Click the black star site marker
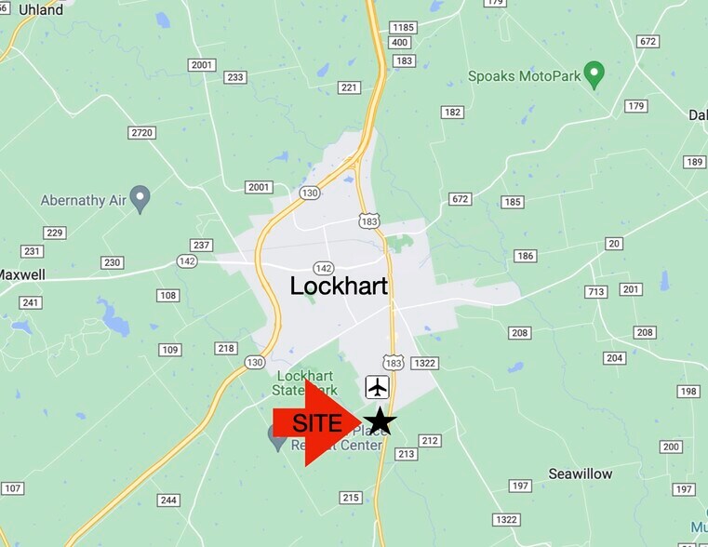[379, 421]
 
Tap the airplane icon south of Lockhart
[377, 387]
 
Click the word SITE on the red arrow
[317, 422]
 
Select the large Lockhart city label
[339, 286]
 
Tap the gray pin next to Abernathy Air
[140, 197]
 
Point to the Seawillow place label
[581, 474]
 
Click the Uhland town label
[41, 10]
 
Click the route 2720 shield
[141, 133]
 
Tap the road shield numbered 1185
[403, 28]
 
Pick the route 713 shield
[595, 292]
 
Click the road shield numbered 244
[167, 500]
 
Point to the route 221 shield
[349, 88]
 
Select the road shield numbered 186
[525, 256]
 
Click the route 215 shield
[351, 498]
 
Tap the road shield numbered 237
[202, 246]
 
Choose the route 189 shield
[694, 162]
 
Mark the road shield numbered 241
[31, 302]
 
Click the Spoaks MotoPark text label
[524, 75]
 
